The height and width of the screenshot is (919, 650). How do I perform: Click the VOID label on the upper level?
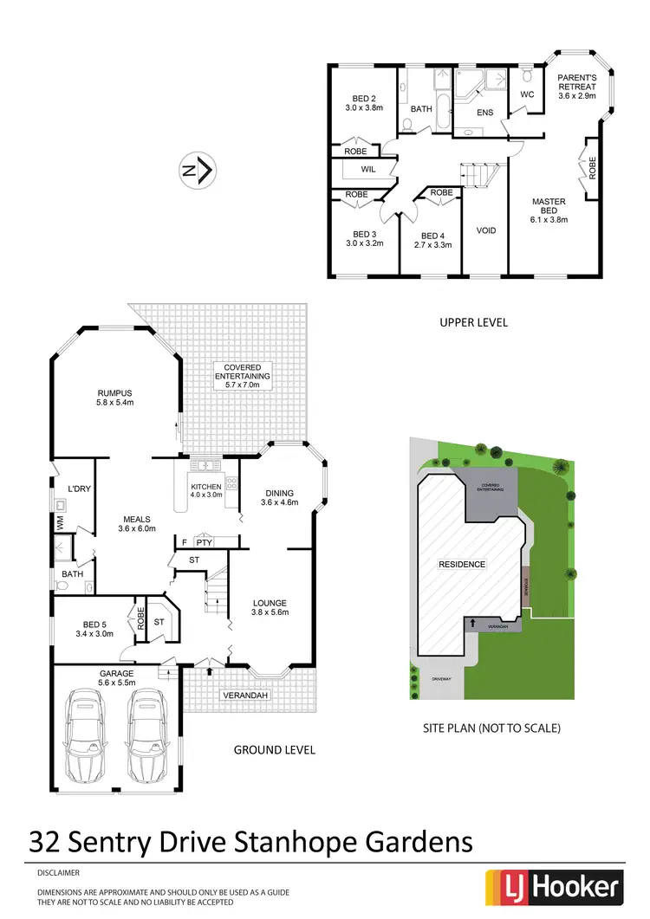tap(486, 230)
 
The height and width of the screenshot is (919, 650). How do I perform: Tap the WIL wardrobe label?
tap(367, 170)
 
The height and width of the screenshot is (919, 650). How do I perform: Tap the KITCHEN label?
tap(207, 487)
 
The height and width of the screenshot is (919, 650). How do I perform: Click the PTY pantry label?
tap(204, 542)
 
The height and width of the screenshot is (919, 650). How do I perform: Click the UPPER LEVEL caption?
tap(472, 322)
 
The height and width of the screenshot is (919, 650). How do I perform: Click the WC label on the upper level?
tap(528, 94)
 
